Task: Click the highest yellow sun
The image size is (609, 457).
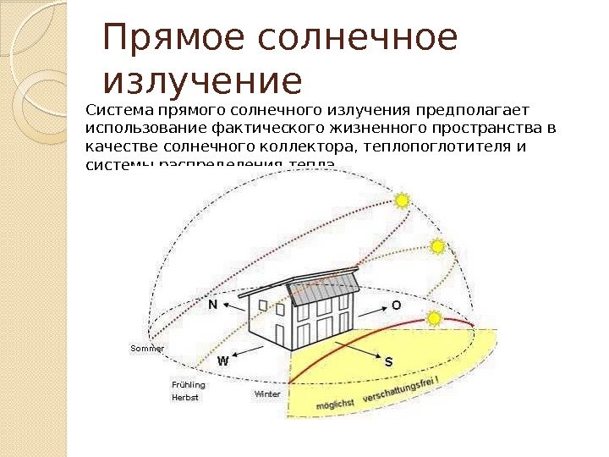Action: [x=402, y=201]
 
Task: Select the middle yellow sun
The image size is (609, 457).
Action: [x=437, y=247]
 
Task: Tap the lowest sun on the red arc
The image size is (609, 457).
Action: [x=435, y=319]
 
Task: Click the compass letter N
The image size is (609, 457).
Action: [x=212, y=305]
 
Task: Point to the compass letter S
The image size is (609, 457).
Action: [x=388, y=361]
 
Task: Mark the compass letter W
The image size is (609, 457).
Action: [x=223, y=361]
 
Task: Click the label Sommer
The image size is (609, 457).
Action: [x=146, y=348]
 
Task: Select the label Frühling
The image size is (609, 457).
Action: [x=188, y=384]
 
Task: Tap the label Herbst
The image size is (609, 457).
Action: [x=184, y=397]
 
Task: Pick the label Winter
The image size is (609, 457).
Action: [x=267, y=394]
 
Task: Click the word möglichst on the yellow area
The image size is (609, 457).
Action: [x=335, y=405]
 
